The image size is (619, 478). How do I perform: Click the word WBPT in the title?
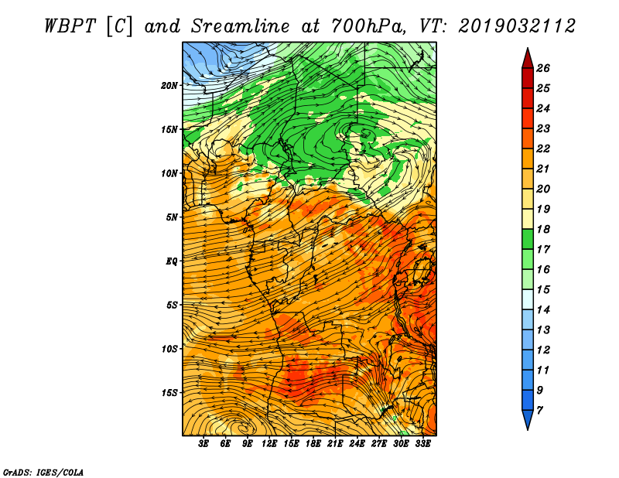pyautogui.click(x=70, y=26)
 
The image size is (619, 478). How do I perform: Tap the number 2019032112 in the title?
pyautogui.click(x=517, y=26)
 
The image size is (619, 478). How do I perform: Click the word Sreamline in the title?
pyautogui.click(x=241, y=26)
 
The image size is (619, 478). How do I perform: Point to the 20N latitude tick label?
pyautogui.click(x=169, y=86)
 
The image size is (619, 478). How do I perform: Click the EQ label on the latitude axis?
pyautogui.click(x=172, y=261)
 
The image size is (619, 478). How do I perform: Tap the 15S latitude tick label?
pyautogui.click(x=169, y=393)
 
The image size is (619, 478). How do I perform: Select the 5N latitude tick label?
pyautogui.click(x=172, y=217)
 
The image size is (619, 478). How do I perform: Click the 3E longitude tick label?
pyautogui.click(x=203, y=444)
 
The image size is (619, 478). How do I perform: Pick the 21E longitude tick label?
pyautogui.click(x=335, y=444)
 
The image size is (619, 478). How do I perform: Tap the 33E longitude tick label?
pyautogui.click(x=422, y=444)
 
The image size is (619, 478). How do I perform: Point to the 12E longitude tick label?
pyautogui.click(x=269, y=444)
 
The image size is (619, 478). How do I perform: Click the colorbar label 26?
pyautogui.click(x=543, y=68)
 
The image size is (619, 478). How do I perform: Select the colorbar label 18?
pyautogui.click(x=543, y=229)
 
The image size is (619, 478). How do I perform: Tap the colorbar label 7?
pyautogui.click(x=539, y=411)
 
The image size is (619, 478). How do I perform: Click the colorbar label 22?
pyautogui.click(x=543, y=149)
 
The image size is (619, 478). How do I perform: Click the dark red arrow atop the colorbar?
pyautogui.click(x=528, y=59)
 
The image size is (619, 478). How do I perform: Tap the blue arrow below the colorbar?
pyautogui.click(x=528, y=420)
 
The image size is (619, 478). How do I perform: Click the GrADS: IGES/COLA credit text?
pyautogui.click(x=43, y=473)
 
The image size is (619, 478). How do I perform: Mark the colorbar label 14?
pyautogui.click(x=543, y=310)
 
